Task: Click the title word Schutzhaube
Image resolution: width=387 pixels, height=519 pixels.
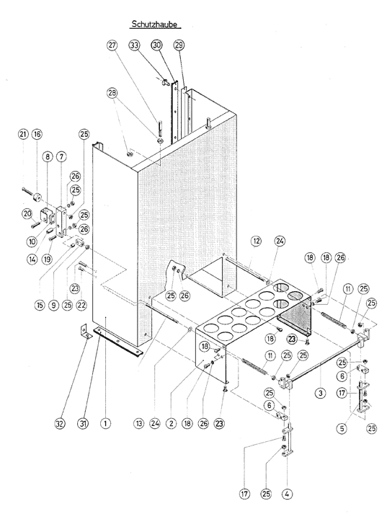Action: (155, 25)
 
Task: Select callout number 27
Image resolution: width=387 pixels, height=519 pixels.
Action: (112, 45)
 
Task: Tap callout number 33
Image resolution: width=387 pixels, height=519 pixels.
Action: (135, 45)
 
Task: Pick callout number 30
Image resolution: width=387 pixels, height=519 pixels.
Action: (156, 45)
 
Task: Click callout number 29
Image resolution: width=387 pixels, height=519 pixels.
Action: (179, 45)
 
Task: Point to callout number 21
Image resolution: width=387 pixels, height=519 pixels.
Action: (23, 134)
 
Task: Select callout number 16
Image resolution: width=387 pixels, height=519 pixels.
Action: (37, 134)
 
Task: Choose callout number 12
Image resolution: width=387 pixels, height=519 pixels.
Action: (256, 241)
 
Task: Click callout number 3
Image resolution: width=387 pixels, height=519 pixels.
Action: (320, 394)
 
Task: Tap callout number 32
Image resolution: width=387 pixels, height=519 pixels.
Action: (60, 423)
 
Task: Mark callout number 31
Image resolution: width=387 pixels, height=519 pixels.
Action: (83, 423)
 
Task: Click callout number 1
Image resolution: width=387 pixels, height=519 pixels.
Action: (106, 423)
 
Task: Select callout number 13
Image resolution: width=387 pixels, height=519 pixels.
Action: (139, 423)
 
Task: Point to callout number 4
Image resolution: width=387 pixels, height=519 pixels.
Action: (287, 494)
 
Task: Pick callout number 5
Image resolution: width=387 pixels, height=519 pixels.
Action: (342, 429)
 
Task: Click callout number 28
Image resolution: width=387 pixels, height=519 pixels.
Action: (112, 93)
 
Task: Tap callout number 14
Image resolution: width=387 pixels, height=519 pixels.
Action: (32, 259)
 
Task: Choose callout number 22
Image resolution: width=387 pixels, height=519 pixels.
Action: (81, 305)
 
